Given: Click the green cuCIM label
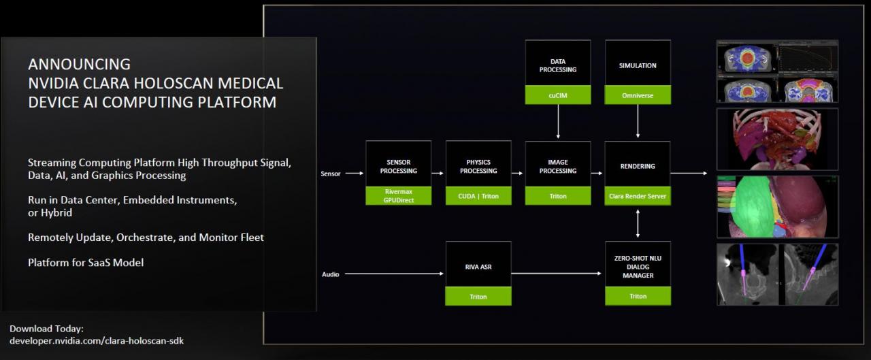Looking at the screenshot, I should pyautogui.click(x=558, y=96).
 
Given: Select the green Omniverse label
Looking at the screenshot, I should pyautogui.click(x=638, y=96).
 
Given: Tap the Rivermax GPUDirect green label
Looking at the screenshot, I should pyautogui.click(x=398, y=196).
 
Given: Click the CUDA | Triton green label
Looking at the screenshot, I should pyautogui.click(x=478, y=196).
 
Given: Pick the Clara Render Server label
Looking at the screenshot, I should pyautogui.click(x=638, y=196).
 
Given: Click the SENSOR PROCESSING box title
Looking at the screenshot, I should pyautogui.click(x=398, y=166).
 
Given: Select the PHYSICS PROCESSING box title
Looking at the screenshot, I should pyautogui.click(x=478, y=166).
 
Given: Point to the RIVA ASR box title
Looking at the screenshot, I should pyautogui.click(x=478, y=267).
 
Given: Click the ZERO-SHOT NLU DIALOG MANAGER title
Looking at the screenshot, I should pyautogui.click(x=638, y=267).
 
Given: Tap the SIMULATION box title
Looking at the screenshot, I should pyautogui.click(x=638, y=66).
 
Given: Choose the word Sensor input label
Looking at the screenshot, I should pyautogui.click(x=330, y=174).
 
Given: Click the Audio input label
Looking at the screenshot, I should pyautogui.click(x=330, y=274).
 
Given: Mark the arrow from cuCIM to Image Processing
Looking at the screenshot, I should pyautogui.click(x=558, y=122).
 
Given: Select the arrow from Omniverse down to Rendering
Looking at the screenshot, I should pyautogui.click(x=638, y=122).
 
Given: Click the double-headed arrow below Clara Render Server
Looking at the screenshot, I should pyautogui.click(x=638, y=223).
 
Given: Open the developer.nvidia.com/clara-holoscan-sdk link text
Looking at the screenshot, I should pyautogui.click(x=96, y=340).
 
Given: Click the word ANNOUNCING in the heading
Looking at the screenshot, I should pyautogui.click(x=79, y=64).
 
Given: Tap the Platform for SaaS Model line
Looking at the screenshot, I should pyautogui.click(x=86, y=262).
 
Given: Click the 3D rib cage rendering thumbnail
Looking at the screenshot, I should pyautogui.click(x=777, y=139).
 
